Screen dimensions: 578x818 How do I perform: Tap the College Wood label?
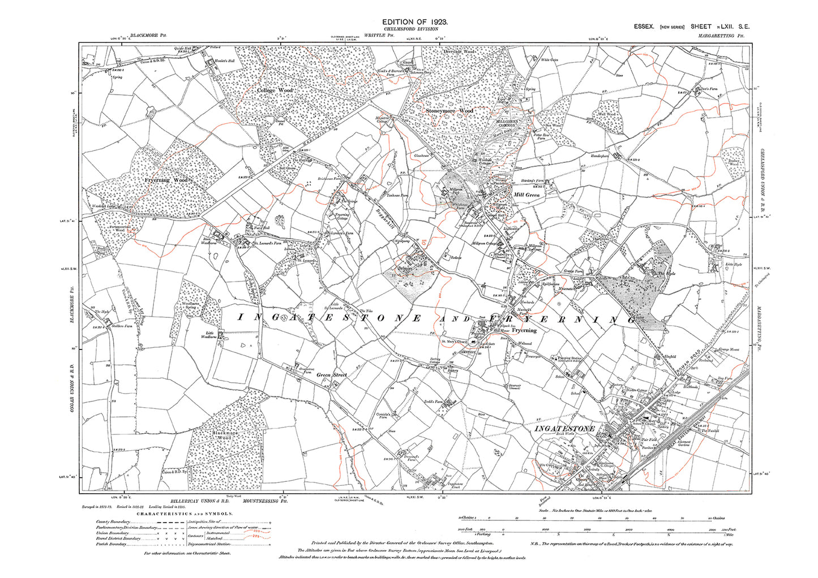[x=275, y=90]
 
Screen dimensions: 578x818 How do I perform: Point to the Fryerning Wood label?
[x=165, y=180]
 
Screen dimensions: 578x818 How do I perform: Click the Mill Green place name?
[x=526, y=195]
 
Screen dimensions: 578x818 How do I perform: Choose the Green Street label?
[x=331, y=375]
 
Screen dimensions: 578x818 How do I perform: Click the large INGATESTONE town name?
[x=564, y=429]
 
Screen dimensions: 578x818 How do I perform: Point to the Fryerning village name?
[x=524, y=330]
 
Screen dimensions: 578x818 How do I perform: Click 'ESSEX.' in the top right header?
[x=644, y=27]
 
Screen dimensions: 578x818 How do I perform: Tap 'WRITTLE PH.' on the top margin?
[x=379, y=34]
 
